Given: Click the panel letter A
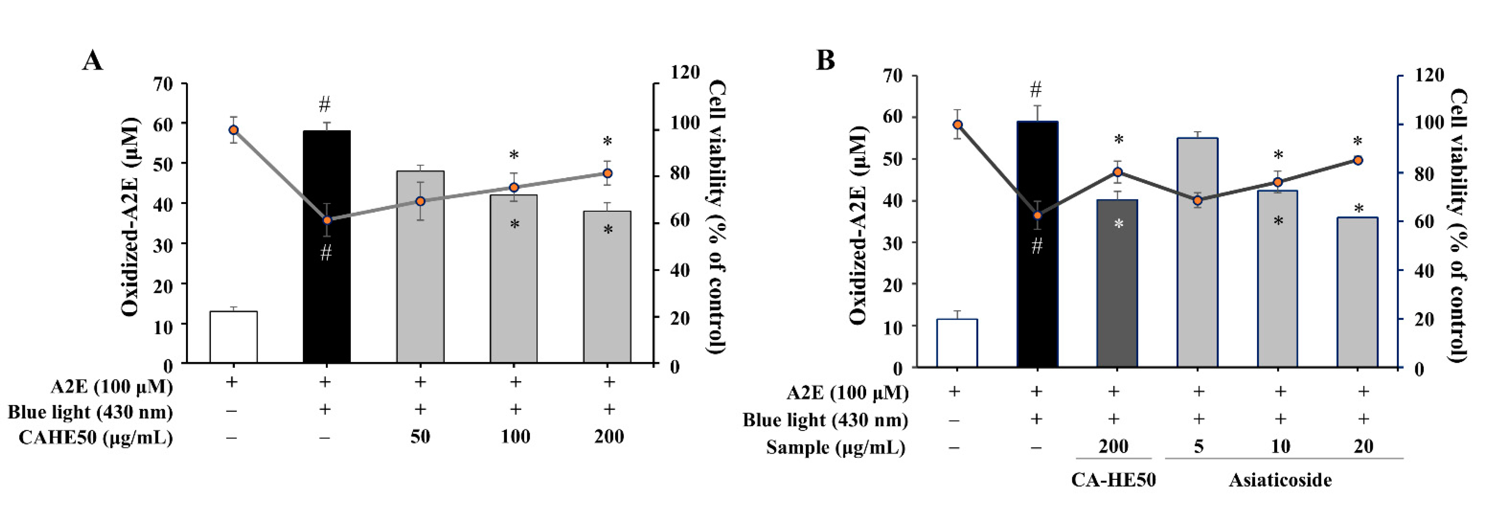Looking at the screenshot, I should (92, 60).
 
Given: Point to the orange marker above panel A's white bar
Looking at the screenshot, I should (233, 130).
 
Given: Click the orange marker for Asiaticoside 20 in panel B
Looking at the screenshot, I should (1358, 160).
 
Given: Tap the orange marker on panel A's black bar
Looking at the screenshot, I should (327, 220).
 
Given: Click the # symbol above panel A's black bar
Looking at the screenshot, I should (325, 105).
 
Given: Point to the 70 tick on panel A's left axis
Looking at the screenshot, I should (162, 84).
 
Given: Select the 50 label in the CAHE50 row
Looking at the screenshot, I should (420, 437).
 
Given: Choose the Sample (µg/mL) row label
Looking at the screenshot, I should (835, 447).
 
